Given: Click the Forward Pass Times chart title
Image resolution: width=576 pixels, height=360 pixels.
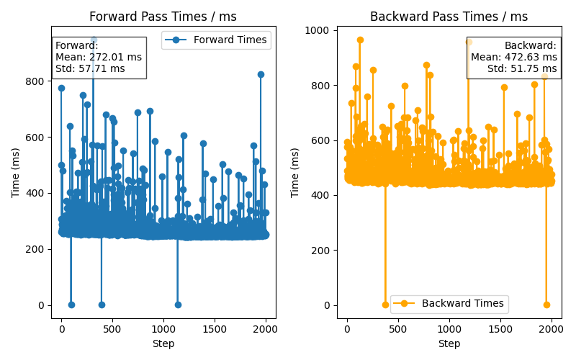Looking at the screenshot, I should tap(163, 17).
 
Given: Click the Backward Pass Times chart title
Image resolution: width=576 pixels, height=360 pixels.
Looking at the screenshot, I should tap(449, 17).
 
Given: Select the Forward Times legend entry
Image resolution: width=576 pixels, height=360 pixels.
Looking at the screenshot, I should tap(230, 40).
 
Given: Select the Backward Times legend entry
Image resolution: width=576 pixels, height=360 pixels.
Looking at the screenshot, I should tap(463, 304).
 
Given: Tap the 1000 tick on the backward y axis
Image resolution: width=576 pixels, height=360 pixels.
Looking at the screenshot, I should tap(316, 30).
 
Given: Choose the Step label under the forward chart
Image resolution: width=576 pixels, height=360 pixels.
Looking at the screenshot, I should tap(163, 343).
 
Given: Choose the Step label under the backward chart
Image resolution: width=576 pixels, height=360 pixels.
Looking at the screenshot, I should tap(449, 343).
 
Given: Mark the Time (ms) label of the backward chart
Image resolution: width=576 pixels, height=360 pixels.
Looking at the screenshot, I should tap(295, 168).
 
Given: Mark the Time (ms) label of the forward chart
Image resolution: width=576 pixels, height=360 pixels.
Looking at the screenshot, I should tap(16, 168).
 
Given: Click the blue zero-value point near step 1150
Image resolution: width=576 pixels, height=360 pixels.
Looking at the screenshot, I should tap(178, 305).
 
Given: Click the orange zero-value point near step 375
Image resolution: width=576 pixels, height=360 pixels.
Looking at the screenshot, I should tap(385, 305).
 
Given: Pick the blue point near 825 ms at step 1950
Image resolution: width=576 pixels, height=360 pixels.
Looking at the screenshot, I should tap(261, 74).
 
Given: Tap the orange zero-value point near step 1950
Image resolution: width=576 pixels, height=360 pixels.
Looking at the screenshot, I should tap(546, 305).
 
